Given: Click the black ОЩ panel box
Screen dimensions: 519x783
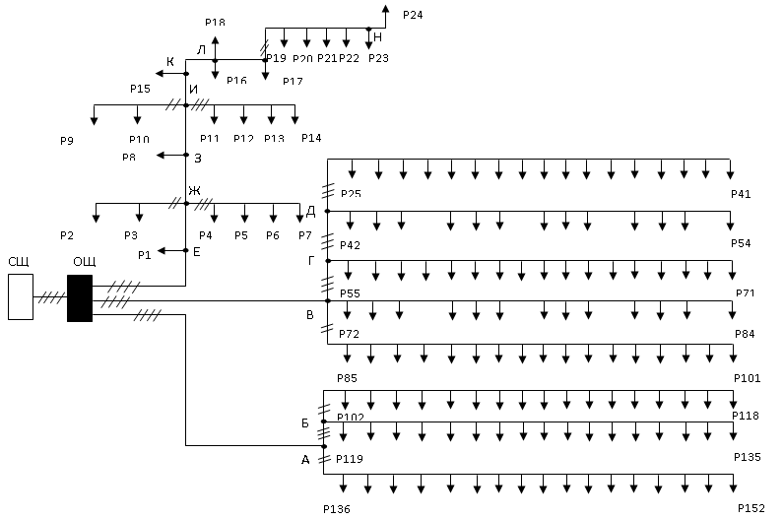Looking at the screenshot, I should [80, 297].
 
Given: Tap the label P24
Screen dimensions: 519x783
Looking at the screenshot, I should [414, 16].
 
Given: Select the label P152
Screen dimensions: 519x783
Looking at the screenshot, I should [751, 508].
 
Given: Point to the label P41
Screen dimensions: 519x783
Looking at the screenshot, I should [741, 194].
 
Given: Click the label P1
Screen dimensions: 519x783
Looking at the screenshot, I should [145, 255].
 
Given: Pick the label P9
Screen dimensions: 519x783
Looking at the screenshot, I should [66, 141].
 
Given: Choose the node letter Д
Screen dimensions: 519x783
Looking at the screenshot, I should [311, 211].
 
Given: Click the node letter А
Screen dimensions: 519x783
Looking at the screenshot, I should [304, 459].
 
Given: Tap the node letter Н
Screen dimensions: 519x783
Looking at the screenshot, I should [378, 36].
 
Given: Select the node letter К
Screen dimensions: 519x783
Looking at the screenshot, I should [169, 62].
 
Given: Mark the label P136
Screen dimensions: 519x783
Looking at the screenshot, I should [336, 509].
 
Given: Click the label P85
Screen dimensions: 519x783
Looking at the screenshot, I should [347, 378].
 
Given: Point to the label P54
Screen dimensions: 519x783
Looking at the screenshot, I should [741, 243].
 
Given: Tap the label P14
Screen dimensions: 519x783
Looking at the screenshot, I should [311, 137].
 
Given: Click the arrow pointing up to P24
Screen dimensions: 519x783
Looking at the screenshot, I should [386, 8].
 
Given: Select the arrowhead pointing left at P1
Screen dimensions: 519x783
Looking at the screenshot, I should [162, 250].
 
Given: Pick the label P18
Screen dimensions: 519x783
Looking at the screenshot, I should [215, 22].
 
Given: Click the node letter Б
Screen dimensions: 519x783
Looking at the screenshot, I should [304, 422].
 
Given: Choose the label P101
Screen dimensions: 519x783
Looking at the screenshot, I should [748, 378].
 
